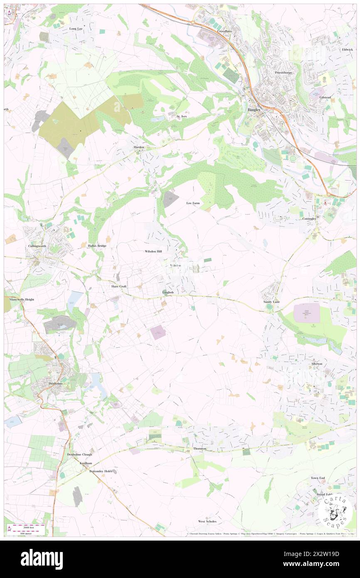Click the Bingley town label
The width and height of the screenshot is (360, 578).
pos(253,109)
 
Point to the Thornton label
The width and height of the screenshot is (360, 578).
pos(200,449)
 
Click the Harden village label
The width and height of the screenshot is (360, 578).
pos(138,148)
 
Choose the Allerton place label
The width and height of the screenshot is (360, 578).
pos(317,364)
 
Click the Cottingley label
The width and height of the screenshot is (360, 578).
pos(309,218)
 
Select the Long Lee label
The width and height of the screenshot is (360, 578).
pos(76,29)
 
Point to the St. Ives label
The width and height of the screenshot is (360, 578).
pos(182,116)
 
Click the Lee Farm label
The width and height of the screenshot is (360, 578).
pos(193,203)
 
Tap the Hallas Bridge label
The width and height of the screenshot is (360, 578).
pos(97,246)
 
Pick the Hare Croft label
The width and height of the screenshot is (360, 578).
pos(118,287)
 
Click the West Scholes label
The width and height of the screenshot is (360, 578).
pos(207,521)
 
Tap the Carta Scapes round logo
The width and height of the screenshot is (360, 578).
pos(335,511)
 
